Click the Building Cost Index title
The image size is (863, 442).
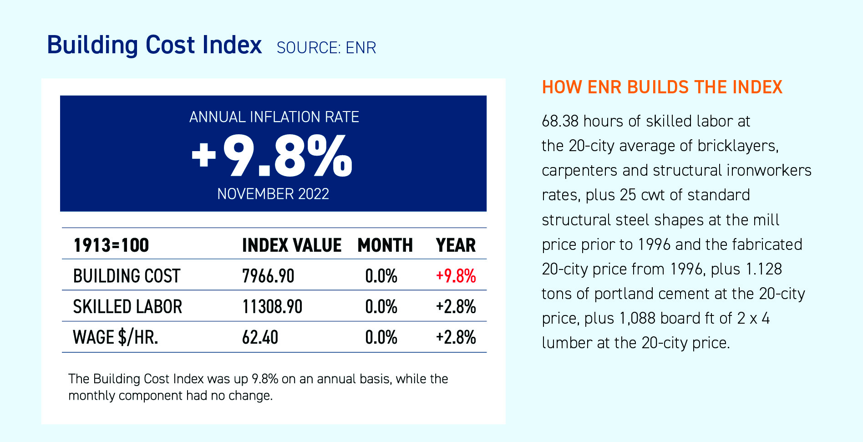[154, 46]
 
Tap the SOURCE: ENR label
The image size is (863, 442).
[326, 48]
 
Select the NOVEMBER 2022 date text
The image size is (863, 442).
[273, 194]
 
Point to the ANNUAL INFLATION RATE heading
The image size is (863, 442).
[274, 117]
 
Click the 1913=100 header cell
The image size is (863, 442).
[111, 245]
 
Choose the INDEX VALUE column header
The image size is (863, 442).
[291, 245]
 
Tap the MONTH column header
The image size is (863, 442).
[385, 245]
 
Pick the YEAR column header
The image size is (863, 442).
[456, 245]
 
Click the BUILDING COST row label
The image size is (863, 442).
[127, 276]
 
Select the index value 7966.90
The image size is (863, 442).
[268, 276]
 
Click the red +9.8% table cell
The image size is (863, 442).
[456, 276]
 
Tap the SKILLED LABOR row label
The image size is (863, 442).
[127, 306]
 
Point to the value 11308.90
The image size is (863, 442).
[272, 306]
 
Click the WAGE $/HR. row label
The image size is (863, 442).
[116, 337]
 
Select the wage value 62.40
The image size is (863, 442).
[260, 337]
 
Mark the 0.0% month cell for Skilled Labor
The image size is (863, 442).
[381, 306]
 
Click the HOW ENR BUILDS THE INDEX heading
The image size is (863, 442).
[662, 87]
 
